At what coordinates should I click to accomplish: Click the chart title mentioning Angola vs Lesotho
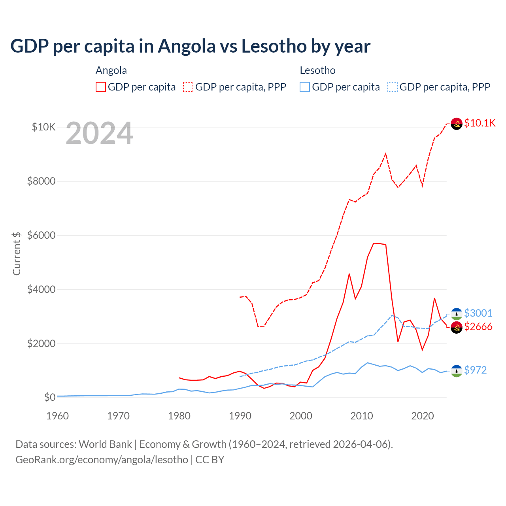(x=190, y=46)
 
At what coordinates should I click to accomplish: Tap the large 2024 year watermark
(x=99, y=134)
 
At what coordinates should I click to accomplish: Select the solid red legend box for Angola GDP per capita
(x=101, y=87)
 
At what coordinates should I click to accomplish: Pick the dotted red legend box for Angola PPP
(x=188, y=87)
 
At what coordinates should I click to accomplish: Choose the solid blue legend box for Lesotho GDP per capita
(x=305, y=87)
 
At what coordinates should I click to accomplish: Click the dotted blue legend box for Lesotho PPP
(x=393, y=87)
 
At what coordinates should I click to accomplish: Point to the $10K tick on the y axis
(x=43, y=127)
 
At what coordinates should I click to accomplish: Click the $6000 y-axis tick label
(x=41, y=235)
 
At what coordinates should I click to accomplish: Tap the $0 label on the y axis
(x=49, y=397)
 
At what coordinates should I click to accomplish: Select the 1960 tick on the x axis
(x=58, y=416)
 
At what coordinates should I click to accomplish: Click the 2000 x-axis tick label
(x=301, y=416)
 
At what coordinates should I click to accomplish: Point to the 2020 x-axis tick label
(x=423, y=416)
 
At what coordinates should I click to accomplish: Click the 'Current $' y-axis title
(x=17, y=253)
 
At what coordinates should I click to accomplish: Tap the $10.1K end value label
(x=480, y=123)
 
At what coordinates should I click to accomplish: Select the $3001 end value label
(x=478, y=313)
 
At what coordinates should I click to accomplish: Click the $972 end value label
(x=475, y=370)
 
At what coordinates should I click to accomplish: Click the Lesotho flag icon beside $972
(x=457, y=371)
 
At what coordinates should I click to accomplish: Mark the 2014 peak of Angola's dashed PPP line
(x=386, y=153)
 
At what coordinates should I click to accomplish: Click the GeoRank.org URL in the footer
(x=102, y=460)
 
